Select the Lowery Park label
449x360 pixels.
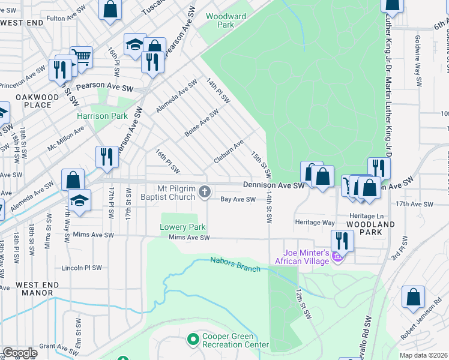[182, 227]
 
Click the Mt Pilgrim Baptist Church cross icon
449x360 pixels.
[205, 192]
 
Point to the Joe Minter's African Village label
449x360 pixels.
[303, 256]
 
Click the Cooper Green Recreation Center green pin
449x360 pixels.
[193, 340]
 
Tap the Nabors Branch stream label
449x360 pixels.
[235, 264]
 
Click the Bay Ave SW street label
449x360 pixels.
[238, 199]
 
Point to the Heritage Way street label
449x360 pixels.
[315, 222]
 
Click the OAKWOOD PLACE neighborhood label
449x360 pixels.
[34, 101]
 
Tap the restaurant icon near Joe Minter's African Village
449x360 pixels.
[342, 241]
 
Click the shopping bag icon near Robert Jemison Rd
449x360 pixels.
[414, 297]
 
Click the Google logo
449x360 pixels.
[20, 353]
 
